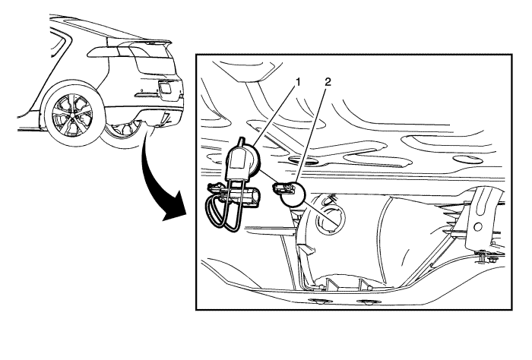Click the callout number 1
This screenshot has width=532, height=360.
pos(298,82)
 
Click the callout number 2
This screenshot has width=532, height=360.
pos(328,82)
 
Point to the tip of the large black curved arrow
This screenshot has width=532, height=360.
pos(164,219)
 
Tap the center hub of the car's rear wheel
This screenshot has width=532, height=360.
pos(72,116)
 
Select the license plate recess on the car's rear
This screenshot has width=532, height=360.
pos(165,88)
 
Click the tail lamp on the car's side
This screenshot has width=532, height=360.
pos(103,51)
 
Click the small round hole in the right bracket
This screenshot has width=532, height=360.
pos(478,226)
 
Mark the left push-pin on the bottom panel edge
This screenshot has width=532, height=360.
pos(318,301)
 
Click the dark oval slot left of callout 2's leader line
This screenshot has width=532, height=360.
pos(300,159)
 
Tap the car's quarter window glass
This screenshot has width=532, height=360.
pos(57,44)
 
